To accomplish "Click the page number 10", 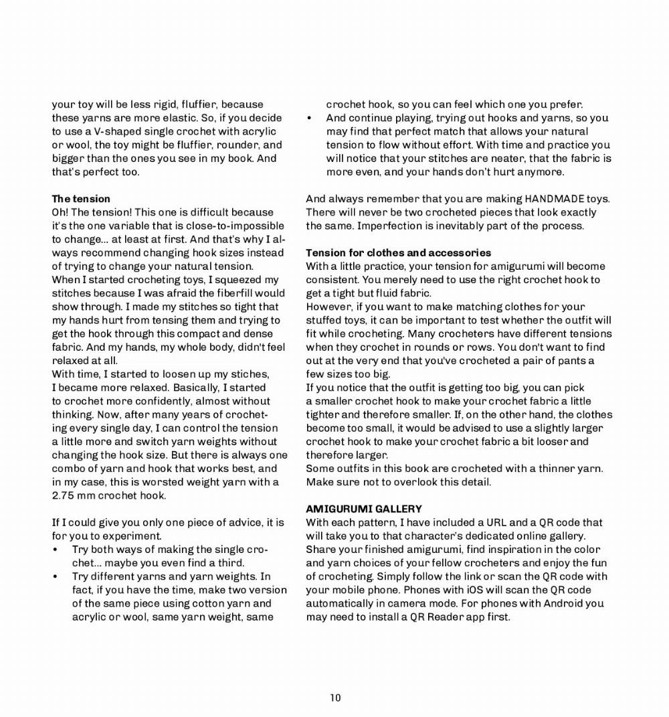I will [x=335, y=698].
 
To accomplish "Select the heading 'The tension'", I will [x=81, y=199].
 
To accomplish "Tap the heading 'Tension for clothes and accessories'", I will [x=399, y=252].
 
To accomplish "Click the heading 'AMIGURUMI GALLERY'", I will [x=364, y=509].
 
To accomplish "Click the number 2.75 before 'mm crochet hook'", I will [x=65, y=495].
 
